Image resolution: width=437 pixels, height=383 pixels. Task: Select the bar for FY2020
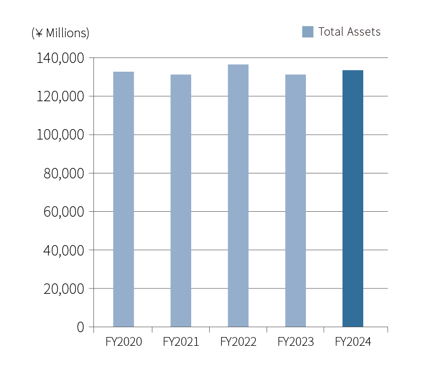pos(123,199)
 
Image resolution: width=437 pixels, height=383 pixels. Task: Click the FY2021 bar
pos(181,201)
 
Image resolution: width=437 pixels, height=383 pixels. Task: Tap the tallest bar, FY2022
pos(238,196)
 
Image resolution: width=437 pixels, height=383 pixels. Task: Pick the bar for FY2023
pos(296,201)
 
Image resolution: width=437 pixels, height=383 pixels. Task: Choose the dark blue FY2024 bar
pos(353,199)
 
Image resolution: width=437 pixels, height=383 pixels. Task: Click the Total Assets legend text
pos(349,32)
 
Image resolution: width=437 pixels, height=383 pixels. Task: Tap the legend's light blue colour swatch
pos(308,32)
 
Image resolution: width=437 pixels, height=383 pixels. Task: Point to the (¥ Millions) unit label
pos(60,33)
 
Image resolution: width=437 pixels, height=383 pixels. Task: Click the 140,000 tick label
pos(60,58)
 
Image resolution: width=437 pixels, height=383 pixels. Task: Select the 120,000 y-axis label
pos(60,96)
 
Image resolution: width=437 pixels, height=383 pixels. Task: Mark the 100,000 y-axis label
pos(60,135)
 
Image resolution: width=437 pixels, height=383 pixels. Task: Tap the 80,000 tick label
pos(63,173)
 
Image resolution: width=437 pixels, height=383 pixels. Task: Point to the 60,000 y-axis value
pos(63,212)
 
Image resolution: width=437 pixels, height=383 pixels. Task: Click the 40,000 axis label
pos(63,250)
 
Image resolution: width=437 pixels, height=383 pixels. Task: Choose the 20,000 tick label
pos(63,288)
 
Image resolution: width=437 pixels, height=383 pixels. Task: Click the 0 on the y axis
pos(81,327)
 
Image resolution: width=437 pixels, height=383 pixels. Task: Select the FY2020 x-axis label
pos(123,342)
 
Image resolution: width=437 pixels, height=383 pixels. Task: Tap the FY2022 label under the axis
pos(238,342)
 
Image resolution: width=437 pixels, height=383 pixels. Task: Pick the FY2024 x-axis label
pos(353,342)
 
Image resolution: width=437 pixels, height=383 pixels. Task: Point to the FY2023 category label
pos(296,342)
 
